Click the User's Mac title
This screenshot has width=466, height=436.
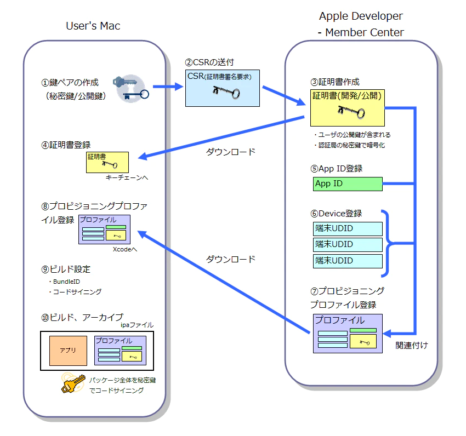click(93, 26)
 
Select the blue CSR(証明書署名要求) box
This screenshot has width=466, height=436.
click(222, 88)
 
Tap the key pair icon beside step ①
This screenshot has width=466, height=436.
click(130, 88)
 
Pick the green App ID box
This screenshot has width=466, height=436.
click(348, 183)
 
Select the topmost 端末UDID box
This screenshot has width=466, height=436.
click(348, 228)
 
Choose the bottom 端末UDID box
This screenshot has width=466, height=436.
click(348, 261)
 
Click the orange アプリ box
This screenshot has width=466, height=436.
click(68, 351)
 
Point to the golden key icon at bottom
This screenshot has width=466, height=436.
click(72, 383)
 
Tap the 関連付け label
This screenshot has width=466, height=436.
click(411, 346)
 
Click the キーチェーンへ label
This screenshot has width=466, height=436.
click(127, 178)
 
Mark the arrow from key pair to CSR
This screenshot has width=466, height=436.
click(167, 87)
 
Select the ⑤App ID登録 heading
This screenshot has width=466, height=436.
click(336, 168)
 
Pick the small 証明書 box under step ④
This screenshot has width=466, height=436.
click(107, 162)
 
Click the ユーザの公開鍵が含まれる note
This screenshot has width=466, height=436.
click(351, 135)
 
